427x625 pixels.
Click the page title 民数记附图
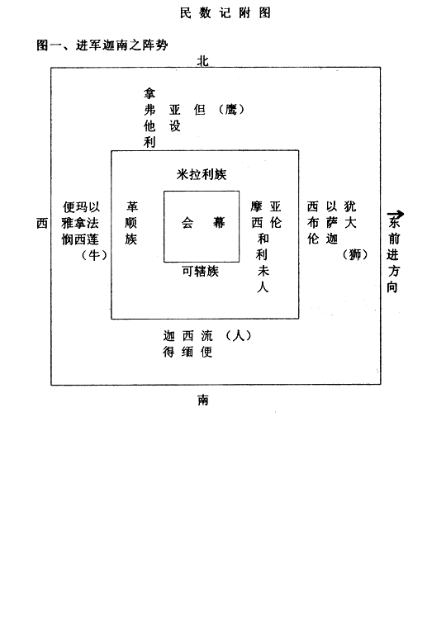pyautogui.click(x=225, y=13)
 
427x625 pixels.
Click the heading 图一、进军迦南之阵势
pyautogui.click(x=102, y=45)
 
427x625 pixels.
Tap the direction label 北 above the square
pyautogui.click(x=203, y=61)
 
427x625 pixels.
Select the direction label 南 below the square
pyautogui.click(x=203, y=400)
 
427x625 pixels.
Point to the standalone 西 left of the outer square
pyautogui.click(x=42, y=223)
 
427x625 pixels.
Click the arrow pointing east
pyautogui.click(x=396, y=214)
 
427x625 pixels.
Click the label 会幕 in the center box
pyautogui.click(x=203, y=222)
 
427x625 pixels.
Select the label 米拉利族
pyautogui.click(x=202, y=174)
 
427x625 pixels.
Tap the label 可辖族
pyautogui.click(x=201, y=271)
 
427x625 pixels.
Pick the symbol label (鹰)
pyautogui.click(x=231, y=109)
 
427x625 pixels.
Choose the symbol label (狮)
pyautogui.click(x=355, y=254)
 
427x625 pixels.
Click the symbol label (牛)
pyautogui.click(x=94, y=254)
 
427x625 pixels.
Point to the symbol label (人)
pyautogui.click(x=239, y=336)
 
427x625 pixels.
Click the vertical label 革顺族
pyautogui.click(x=131, y=222)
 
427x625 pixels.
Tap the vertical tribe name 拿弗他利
pyautogui.click(x=149, y=118)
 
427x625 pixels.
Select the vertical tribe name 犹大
pyautogui.click(x=350, y=215)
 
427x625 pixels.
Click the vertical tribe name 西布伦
pyautogui.click(x=313, y=222)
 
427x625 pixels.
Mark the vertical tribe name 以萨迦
pyautogui.click(x=332, y=222)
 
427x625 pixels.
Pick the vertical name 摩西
pyautogui.click(x=257, y=215)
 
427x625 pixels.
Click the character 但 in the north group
pyautogui.click(x=199, y=110)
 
